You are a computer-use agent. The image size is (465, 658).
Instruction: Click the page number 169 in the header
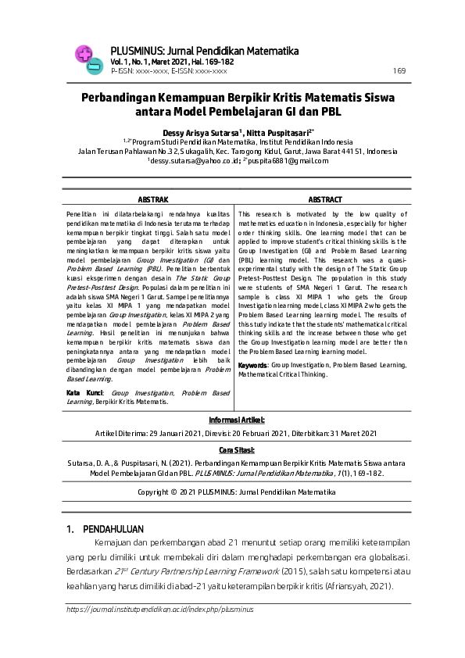click(x=399, y=70)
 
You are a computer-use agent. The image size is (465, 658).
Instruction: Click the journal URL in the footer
click(x=150, y=608)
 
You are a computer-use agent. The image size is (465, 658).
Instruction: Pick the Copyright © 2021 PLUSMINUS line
click(x=237, y=492)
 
